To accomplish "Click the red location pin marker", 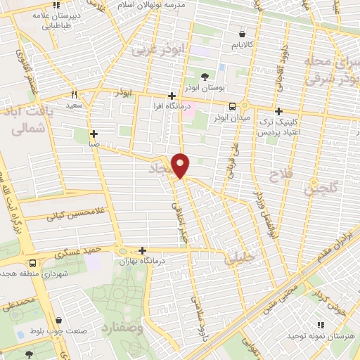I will tap(181, 165).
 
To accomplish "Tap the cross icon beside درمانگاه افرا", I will tap(172, 96).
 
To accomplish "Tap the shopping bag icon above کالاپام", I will tap(242, 33).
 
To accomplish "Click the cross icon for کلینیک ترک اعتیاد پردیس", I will tap(279, 111).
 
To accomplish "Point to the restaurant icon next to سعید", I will tap(74, 94).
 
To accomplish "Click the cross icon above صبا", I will tap(94, 133).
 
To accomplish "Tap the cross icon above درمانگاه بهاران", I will tap(143, 250).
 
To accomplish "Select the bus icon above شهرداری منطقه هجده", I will tap(34, 263).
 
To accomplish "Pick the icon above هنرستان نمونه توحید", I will tap(320, 324).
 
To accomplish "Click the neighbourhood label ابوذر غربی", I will tap(153, 49).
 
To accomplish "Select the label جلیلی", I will tap(236, 259).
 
